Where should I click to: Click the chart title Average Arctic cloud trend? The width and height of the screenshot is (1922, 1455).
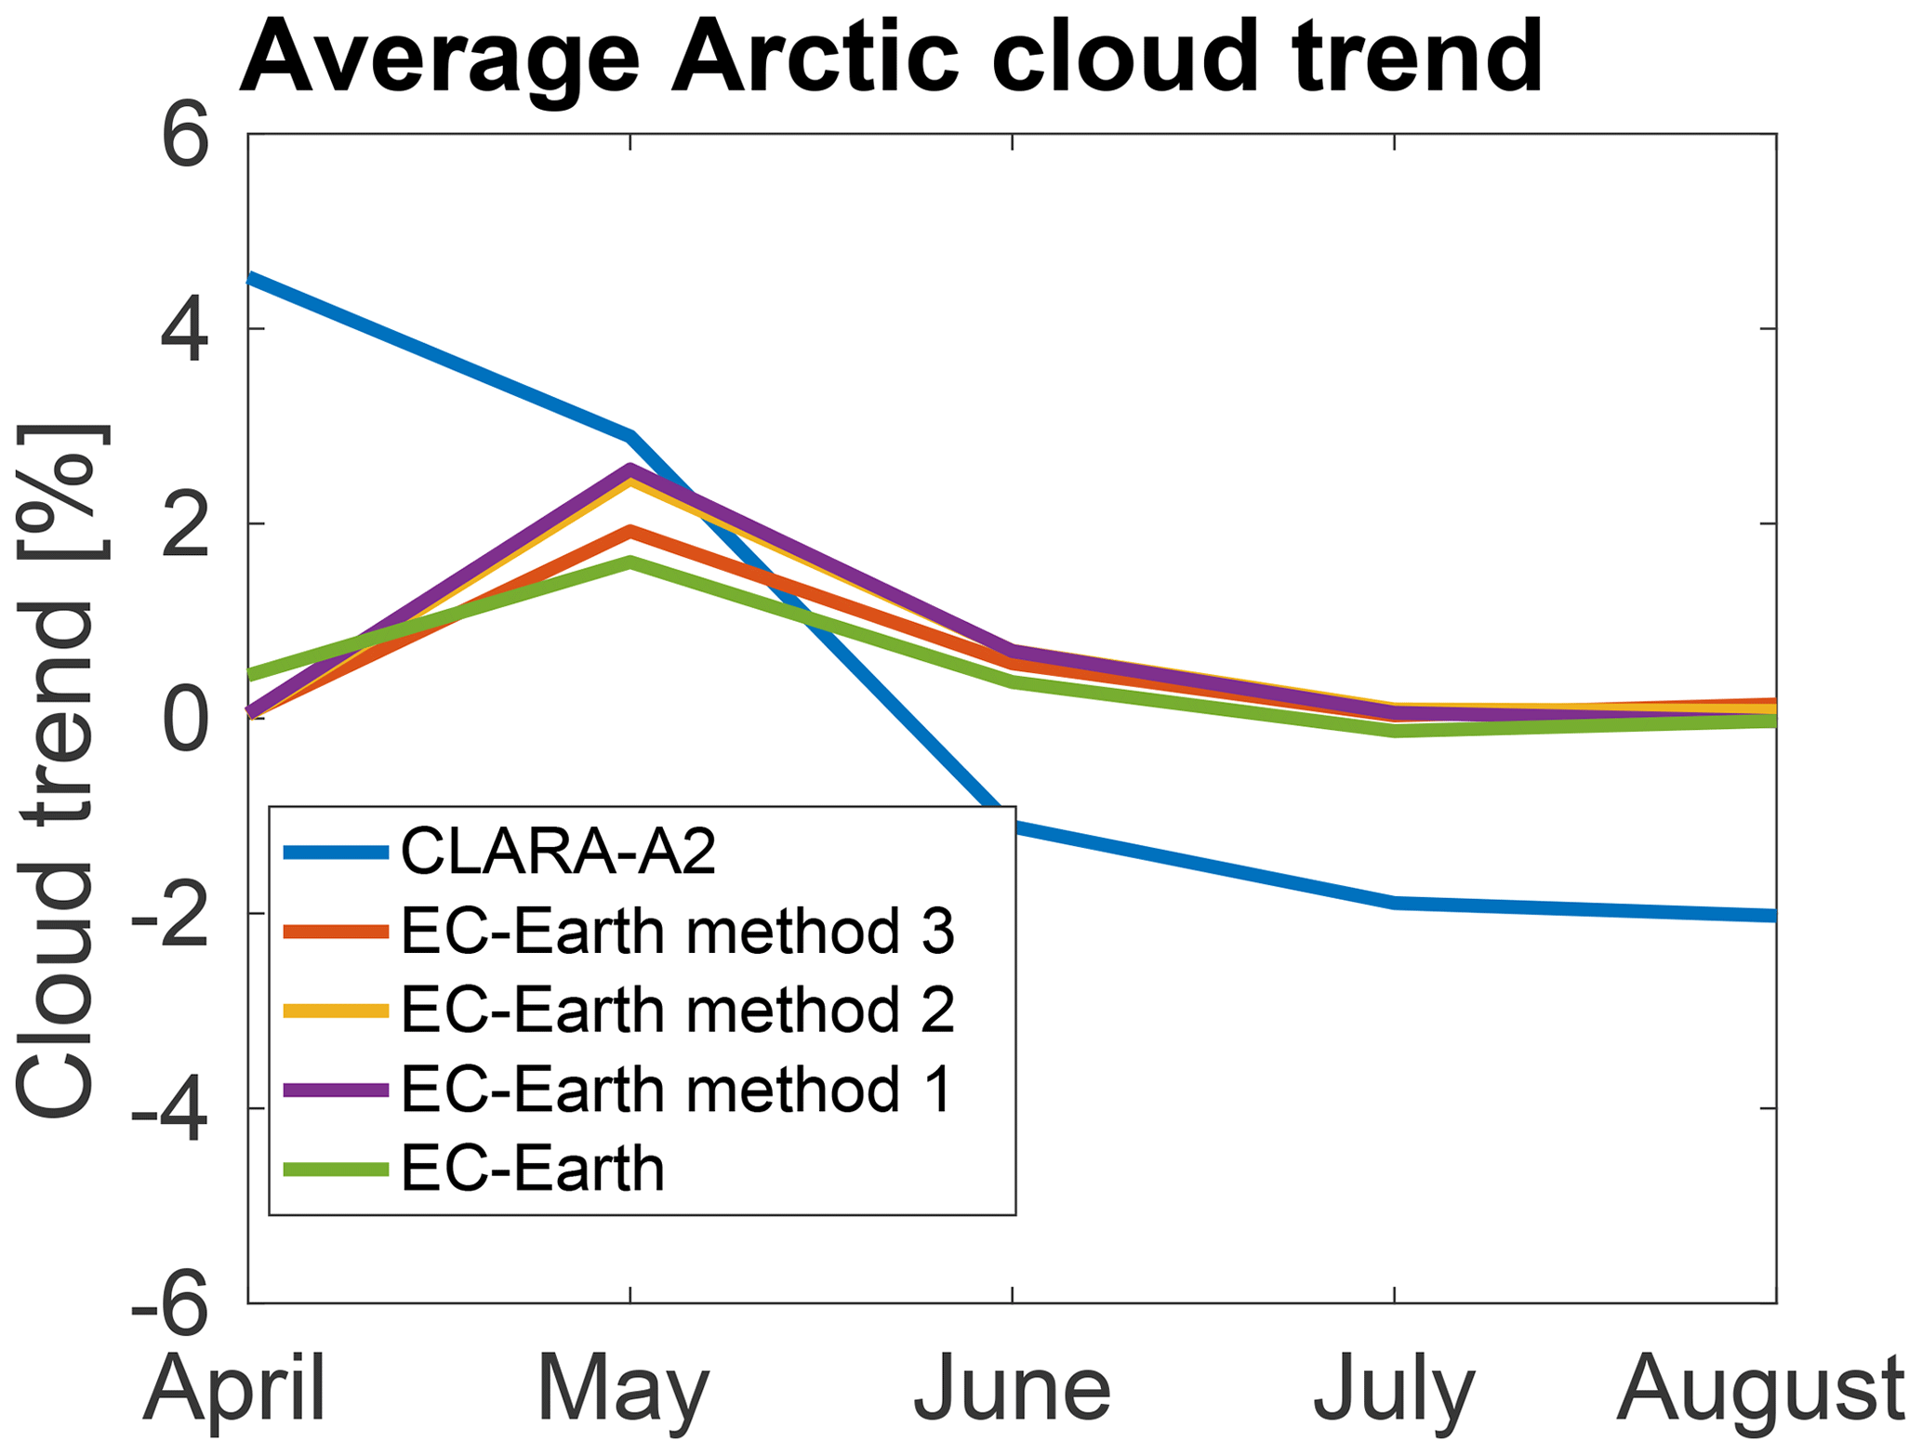coord(891,58)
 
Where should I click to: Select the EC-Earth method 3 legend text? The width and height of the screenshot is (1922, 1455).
coord(678,931)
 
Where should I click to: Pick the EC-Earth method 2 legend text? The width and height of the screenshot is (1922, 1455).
coord(678,1010)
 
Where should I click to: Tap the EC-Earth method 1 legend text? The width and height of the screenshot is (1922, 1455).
coord(677,1089)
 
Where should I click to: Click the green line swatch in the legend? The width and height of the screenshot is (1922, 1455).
coord(336,1170)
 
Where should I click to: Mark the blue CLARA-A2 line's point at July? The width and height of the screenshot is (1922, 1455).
coord(1395,903)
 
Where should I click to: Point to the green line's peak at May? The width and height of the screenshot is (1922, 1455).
coord(630,562)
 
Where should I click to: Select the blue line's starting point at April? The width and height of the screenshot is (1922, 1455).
coord(249,277)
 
